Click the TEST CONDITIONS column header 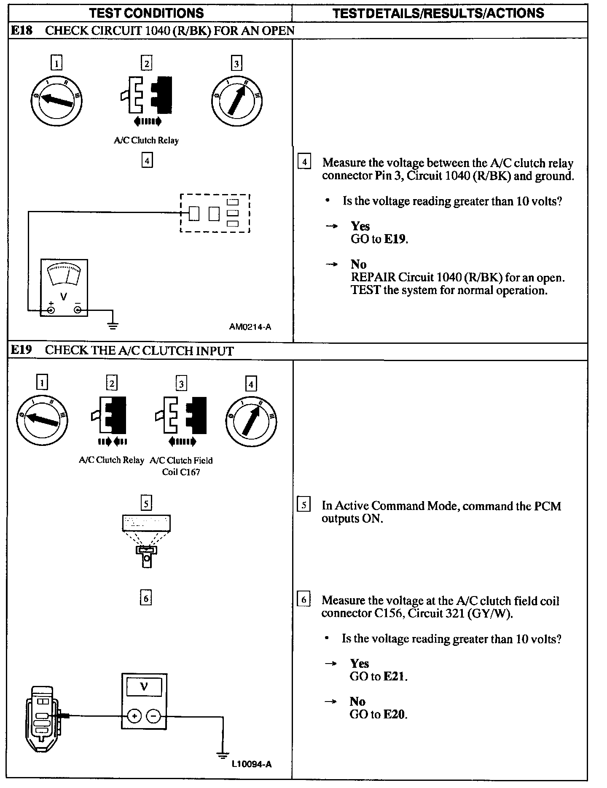[147, 13]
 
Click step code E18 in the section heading [21, 30]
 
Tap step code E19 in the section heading [21, 350]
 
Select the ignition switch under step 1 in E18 [56, 100]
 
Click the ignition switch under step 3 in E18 [236, 100]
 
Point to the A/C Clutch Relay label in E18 [146, 140]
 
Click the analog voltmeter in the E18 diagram [64, 288]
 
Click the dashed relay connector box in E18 [215, 213]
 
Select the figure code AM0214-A [250, 327]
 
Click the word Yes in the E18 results [360, 227]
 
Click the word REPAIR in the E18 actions [373, 278]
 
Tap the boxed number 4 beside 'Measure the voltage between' [304, 162]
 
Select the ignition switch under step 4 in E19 [251, 421]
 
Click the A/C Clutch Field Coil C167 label [181, 466]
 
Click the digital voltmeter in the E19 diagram [144, 701]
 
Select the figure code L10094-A [252, 764]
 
